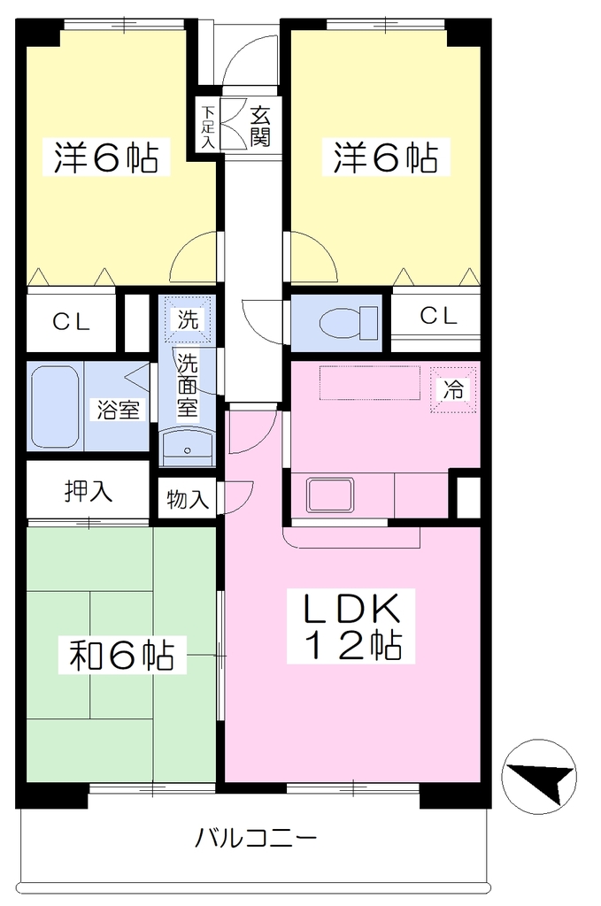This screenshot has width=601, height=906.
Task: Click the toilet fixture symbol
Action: click(x=349, y=323)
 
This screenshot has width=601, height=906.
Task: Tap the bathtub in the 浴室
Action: click(x=55, y=407)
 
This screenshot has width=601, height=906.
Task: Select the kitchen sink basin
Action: click(x=330, y=495)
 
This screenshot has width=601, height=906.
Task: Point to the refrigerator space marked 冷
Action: click(x=453, y=390)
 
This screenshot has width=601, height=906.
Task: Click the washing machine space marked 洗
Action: click(x=188, y=319)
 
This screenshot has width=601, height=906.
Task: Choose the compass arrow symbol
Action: click(x=538, y=777)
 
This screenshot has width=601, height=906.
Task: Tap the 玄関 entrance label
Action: click(x=260, y=127)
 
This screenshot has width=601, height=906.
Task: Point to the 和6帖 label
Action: click(x=121, y=654)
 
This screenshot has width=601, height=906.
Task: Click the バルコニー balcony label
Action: click(x=256, y=837)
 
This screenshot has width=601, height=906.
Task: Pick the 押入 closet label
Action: click(x=88, y=490)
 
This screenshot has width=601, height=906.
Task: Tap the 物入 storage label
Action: click(x=188, y=499)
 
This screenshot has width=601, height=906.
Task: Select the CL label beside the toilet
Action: click(x=438, y=316)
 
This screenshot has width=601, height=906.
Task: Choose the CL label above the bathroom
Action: click(x=71, y=322)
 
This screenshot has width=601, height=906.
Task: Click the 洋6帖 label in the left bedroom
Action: click(x=106, y=157)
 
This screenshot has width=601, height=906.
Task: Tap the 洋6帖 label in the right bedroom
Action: click(x=385, y=157)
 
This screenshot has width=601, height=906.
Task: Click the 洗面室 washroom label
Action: click(x=188, y=386)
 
